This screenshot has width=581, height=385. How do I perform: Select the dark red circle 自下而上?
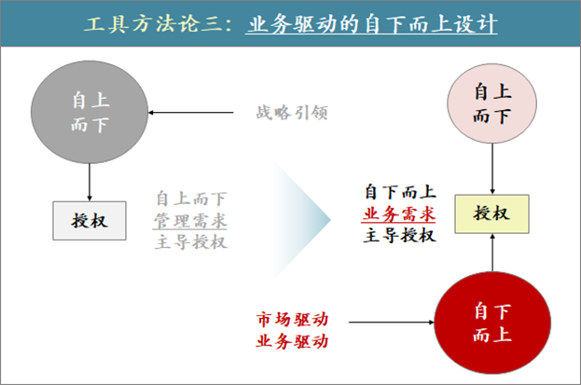pos(491,322)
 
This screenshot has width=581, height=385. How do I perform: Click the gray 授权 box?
pos(89,220)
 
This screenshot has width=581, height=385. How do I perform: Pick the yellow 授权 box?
pos(491,213)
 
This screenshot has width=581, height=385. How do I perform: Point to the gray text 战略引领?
pos(292,114)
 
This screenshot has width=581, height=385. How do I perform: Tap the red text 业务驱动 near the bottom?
pos(292,341)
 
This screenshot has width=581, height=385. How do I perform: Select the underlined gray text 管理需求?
pos(190,220)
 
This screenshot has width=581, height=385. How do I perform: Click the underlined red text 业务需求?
pos(399,213)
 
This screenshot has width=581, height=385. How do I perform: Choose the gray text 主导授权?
pos(190,241)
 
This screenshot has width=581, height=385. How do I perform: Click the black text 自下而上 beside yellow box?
pos(399,192)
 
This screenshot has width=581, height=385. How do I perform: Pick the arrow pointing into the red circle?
pos(392,323)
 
